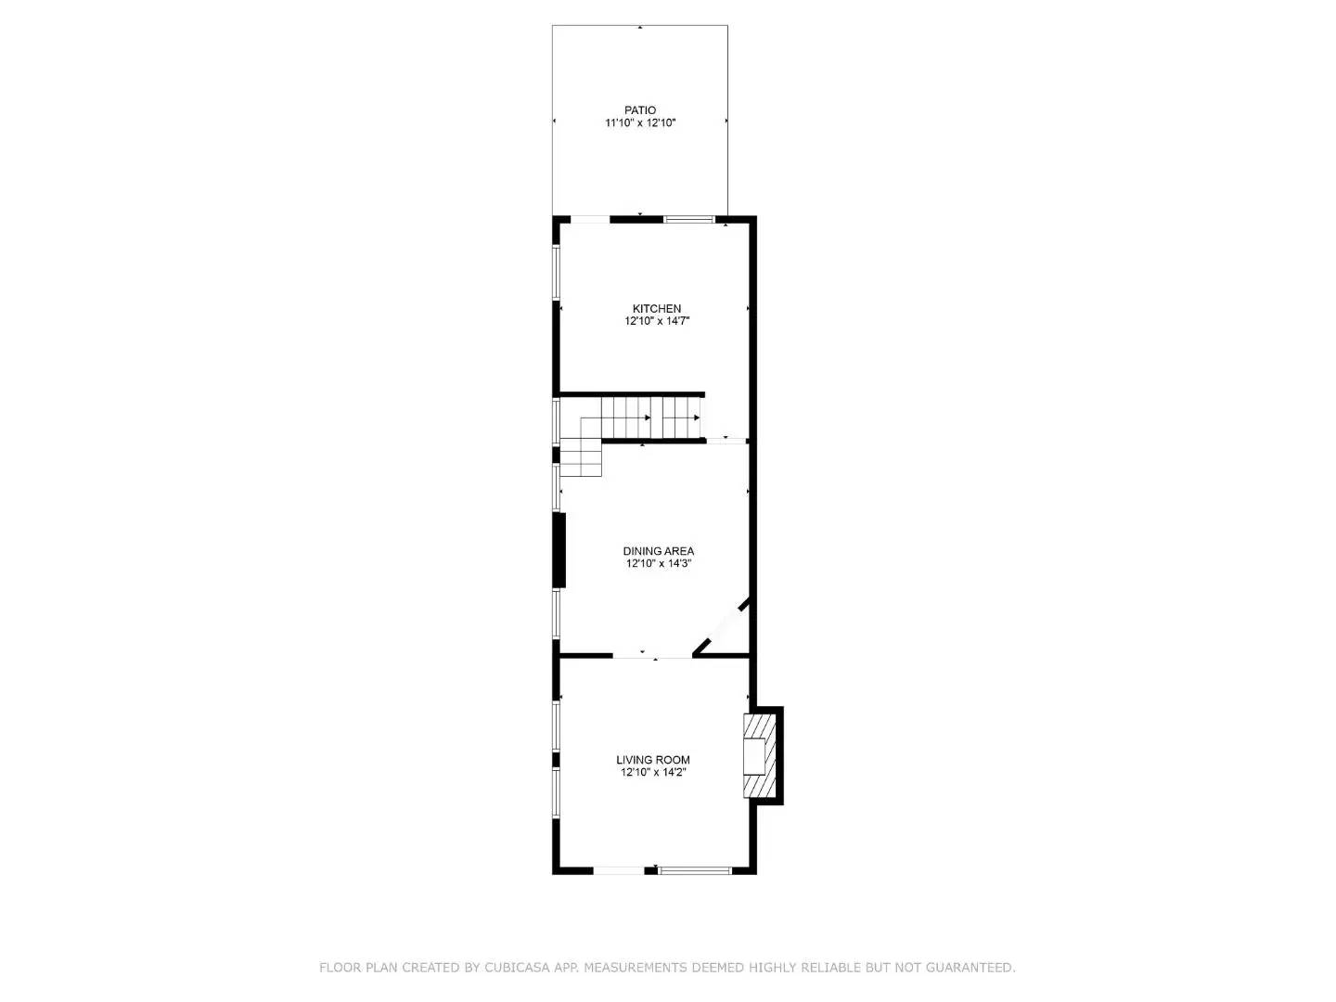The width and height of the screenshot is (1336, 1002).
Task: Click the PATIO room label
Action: click(x=639, y=110)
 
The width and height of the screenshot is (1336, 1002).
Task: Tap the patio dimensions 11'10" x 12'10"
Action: click(x=639, y=122)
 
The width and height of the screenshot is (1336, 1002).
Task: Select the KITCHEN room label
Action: click(x=657, y=309)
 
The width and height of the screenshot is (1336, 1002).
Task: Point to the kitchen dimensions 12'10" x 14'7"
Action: click(x=657, y=321)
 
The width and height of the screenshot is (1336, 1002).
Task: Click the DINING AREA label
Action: click(x=659, y=551)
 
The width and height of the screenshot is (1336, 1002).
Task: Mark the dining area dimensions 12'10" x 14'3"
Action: click(x=659, y=563)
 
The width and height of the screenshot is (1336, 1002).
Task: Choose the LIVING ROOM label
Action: click(x=653, y=760)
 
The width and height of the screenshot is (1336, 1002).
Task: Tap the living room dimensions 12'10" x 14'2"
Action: click(x=653, y=772)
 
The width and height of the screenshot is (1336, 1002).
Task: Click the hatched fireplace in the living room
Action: click(x=760, y=755)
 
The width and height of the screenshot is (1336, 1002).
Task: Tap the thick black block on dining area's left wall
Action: click(x=559, y=549)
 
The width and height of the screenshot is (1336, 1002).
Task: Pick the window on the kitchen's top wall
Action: click(x=688, y=220)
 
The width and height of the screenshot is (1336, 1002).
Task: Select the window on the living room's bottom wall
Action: click(x=695, y=870)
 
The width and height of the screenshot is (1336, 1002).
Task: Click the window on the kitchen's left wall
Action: click(x=557, y=273)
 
